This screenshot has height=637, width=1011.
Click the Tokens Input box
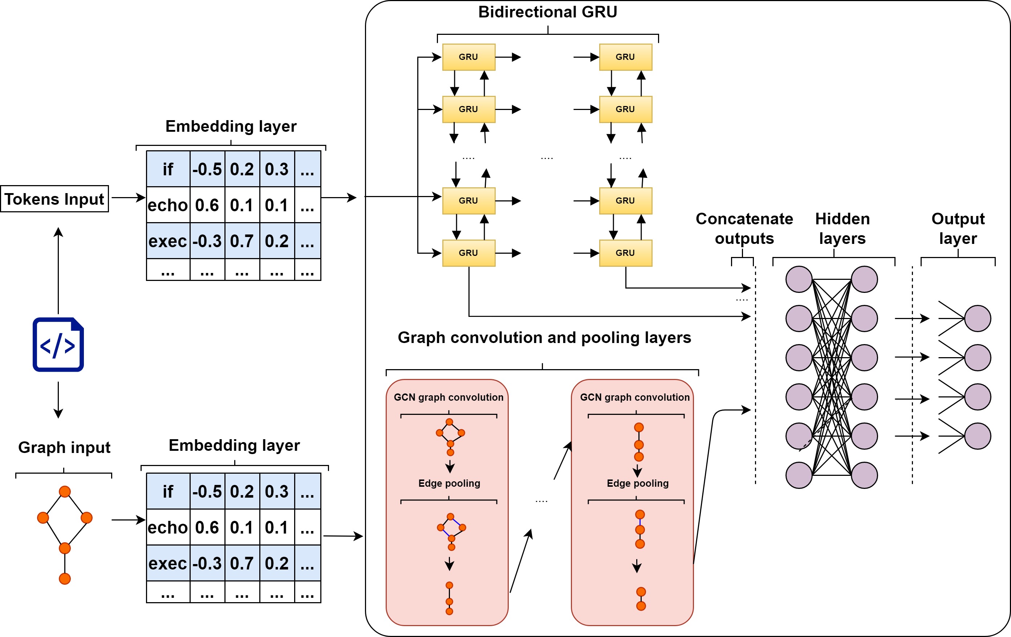(54, 199)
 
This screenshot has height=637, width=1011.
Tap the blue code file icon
(58, 344)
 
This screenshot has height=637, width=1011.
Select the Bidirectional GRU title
(548, 12)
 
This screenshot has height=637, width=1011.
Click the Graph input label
(64, 447)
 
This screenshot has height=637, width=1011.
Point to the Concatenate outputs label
(744, 228)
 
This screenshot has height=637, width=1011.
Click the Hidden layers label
(842, 228)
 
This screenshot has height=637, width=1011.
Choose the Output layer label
(958, 228)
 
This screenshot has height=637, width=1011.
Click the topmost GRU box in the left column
(468, 57)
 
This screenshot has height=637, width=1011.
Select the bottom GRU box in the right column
(626, 253)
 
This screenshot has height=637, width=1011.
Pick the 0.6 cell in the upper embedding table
(207, 205)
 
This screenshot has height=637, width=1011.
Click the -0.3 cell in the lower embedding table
(207, 563)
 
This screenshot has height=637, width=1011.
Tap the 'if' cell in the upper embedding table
(168, 169)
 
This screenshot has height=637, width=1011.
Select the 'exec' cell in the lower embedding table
(168, 563)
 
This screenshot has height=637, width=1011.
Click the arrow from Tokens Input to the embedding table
(128, 198)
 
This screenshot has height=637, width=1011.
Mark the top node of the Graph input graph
(65, 491)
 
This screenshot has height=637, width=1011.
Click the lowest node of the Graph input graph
(65, 579)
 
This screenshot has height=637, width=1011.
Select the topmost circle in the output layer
(978, 319)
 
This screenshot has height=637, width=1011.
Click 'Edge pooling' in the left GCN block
(449, 483)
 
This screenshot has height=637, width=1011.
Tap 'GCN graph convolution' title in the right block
(634, 397)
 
